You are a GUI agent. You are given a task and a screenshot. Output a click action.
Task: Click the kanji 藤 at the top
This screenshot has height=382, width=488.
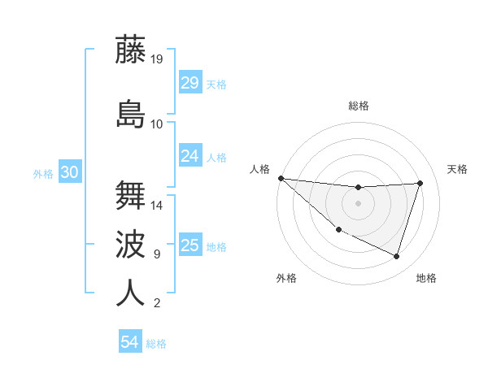point(130,50)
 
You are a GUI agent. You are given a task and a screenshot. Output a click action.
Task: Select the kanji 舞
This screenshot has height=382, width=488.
point(130,195)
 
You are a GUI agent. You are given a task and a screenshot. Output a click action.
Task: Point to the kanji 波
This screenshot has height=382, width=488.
point(130,244)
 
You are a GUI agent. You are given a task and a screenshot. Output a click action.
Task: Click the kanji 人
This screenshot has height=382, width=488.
point(130,293)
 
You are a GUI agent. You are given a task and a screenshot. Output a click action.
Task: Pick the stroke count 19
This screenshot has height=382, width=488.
point(157,59)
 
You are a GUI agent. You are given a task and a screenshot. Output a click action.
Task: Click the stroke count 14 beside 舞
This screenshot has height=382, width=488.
point(157,205)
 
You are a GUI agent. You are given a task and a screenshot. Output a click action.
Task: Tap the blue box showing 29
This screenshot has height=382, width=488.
point(190,83)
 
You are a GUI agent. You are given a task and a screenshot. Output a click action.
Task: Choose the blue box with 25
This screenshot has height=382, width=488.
point(190,245)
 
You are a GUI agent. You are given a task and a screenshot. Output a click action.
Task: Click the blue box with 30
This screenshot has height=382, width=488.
point(70,172)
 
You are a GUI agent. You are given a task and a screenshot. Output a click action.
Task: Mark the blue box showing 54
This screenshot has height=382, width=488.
point(130,342)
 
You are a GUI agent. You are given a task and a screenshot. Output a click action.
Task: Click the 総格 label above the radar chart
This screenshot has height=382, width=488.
point(359,106)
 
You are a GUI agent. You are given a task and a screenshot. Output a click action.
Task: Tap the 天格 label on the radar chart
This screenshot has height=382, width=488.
point(457,169)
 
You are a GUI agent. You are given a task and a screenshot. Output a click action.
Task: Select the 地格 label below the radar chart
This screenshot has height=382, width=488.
point(426,278)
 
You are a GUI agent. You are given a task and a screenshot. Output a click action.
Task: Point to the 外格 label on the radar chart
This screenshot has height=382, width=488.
point(286,278)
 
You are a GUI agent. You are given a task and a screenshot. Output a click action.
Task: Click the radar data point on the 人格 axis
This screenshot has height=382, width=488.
point(281,178)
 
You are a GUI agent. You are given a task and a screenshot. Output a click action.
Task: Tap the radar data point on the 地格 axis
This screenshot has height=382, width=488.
point(396,256)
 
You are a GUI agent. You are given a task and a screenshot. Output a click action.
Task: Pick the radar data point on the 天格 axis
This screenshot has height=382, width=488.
point(420,183)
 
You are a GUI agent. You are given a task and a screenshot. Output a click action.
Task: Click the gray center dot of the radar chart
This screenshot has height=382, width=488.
point(358,203)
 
